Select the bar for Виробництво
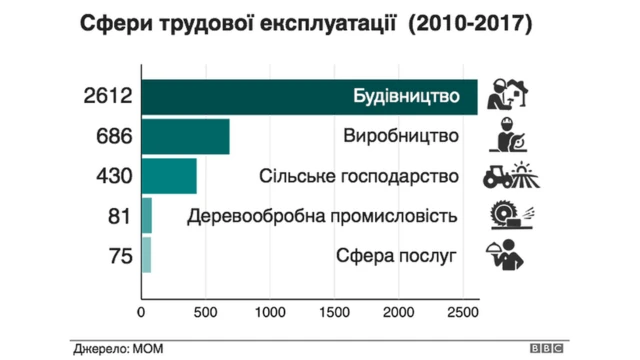(186, 136)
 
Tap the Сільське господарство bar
(169, 176)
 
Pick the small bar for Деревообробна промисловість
(147, 215)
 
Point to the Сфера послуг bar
(146, 255)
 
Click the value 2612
(107, 97)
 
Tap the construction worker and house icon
(507, 96)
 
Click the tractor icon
(507, 175)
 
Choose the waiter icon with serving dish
(507, 256)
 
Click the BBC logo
(546, 349)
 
